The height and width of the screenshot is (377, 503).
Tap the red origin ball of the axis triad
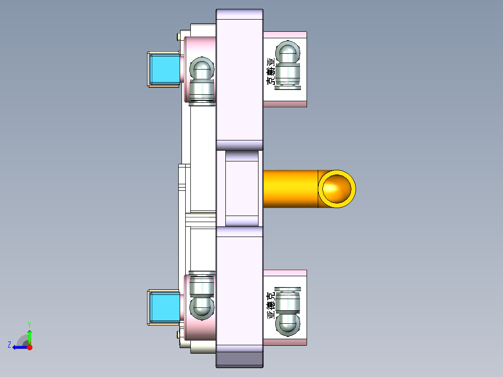[x=29, y=347]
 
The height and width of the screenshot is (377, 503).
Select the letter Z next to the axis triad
[x=9, y=345]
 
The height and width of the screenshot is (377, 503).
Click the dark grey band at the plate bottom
[x=240, y=359]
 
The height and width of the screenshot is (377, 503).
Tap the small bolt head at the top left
[x=180, y=36]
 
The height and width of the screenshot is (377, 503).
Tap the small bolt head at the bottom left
[x=180, y=334]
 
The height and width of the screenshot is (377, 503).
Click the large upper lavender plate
[x=240, y=79]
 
